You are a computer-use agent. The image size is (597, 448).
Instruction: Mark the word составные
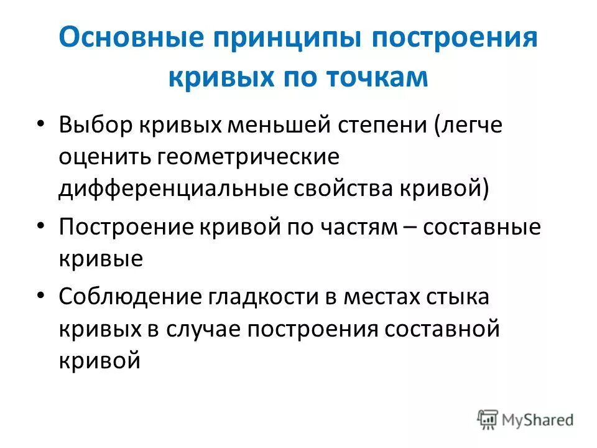(x=482, y=226)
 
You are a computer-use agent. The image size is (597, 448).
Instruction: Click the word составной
(x=444, y=329)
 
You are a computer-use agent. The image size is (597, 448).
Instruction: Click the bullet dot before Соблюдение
(x=41, y=296)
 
